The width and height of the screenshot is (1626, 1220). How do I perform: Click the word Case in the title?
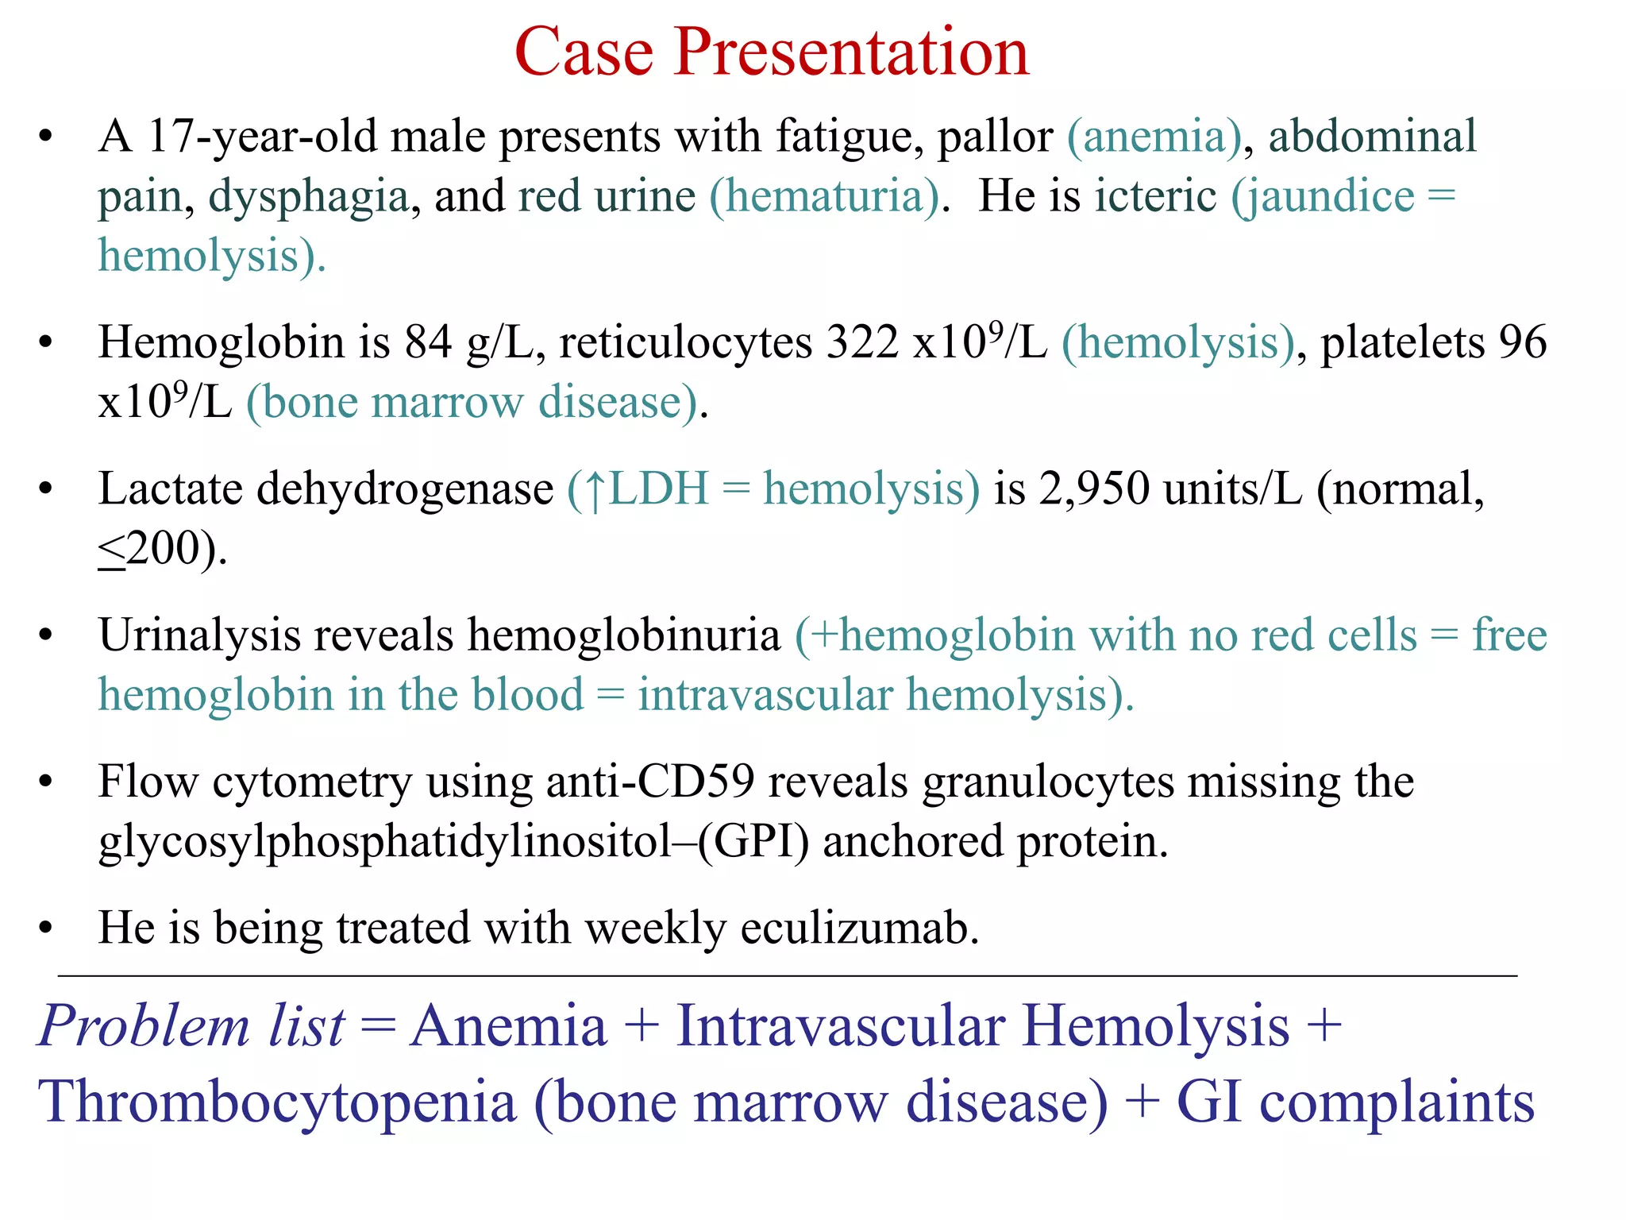pos(584,52)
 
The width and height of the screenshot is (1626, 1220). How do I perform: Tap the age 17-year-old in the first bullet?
pos(261,137)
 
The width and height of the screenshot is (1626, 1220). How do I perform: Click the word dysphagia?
pos(308,197)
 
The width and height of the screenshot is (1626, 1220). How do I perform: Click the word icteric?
pos(1155,196)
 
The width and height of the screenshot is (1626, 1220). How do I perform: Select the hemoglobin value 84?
pos(428,343)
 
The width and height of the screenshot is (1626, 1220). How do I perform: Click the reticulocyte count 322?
pos(862,343)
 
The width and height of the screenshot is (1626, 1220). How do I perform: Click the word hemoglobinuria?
pos(624,636)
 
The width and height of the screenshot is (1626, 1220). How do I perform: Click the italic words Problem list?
pos(191,1026)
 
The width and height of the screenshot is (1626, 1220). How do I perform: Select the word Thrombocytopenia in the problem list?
pos(277,1102)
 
